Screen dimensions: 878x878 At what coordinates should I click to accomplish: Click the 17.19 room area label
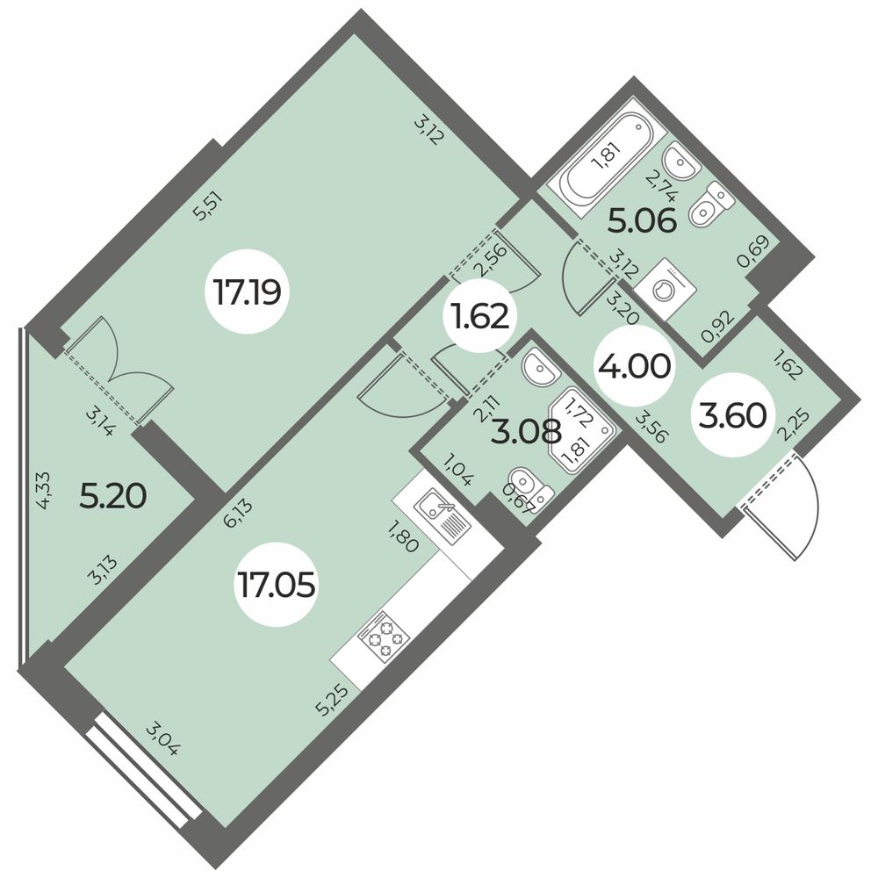pos(247,292)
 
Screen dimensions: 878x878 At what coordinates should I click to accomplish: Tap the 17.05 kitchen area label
pos(276,585)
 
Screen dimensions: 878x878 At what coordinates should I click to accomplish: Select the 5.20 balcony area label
pos(113,496)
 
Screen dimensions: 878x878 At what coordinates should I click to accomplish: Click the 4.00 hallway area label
pos(634,367)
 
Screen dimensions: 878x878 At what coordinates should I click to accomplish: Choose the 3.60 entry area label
pos(733,416)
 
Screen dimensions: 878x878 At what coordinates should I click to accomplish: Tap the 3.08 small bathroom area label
pos(526,432)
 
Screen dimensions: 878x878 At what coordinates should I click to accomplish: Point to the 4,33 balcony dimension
pos(44,490)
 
